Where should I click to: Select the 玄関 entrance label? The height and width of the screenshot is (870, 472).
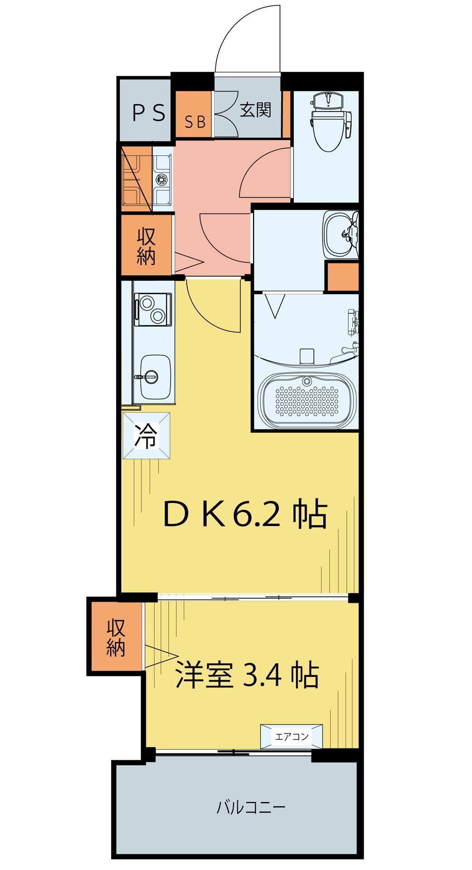tap(256, 110)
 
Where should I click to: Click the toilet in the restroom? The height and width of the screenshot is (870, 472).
tap(331, 121)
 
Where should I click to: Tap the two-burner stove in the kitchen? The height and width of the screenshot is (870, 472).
tap(153, 309)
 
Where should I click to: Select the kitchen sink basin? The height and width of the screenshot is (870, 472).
tap(155, 376)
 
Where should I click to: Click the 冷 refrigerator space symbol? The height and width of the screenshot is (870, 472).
tap(146, 436)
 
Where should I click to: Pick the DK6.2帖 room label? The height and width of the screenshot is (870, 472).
tap(245, 515)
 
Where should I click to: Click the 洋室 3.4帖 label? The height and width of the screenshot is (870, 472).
tap(247, 676)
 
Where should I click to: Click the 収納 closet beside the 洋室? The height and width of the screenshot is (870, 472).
tap(117, 638)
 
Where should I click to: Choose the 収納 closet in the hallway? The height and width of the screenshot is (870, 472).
tap(146, 246)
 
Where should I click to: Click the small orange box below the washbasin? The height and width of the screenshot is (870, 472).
tap(342, 276)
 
